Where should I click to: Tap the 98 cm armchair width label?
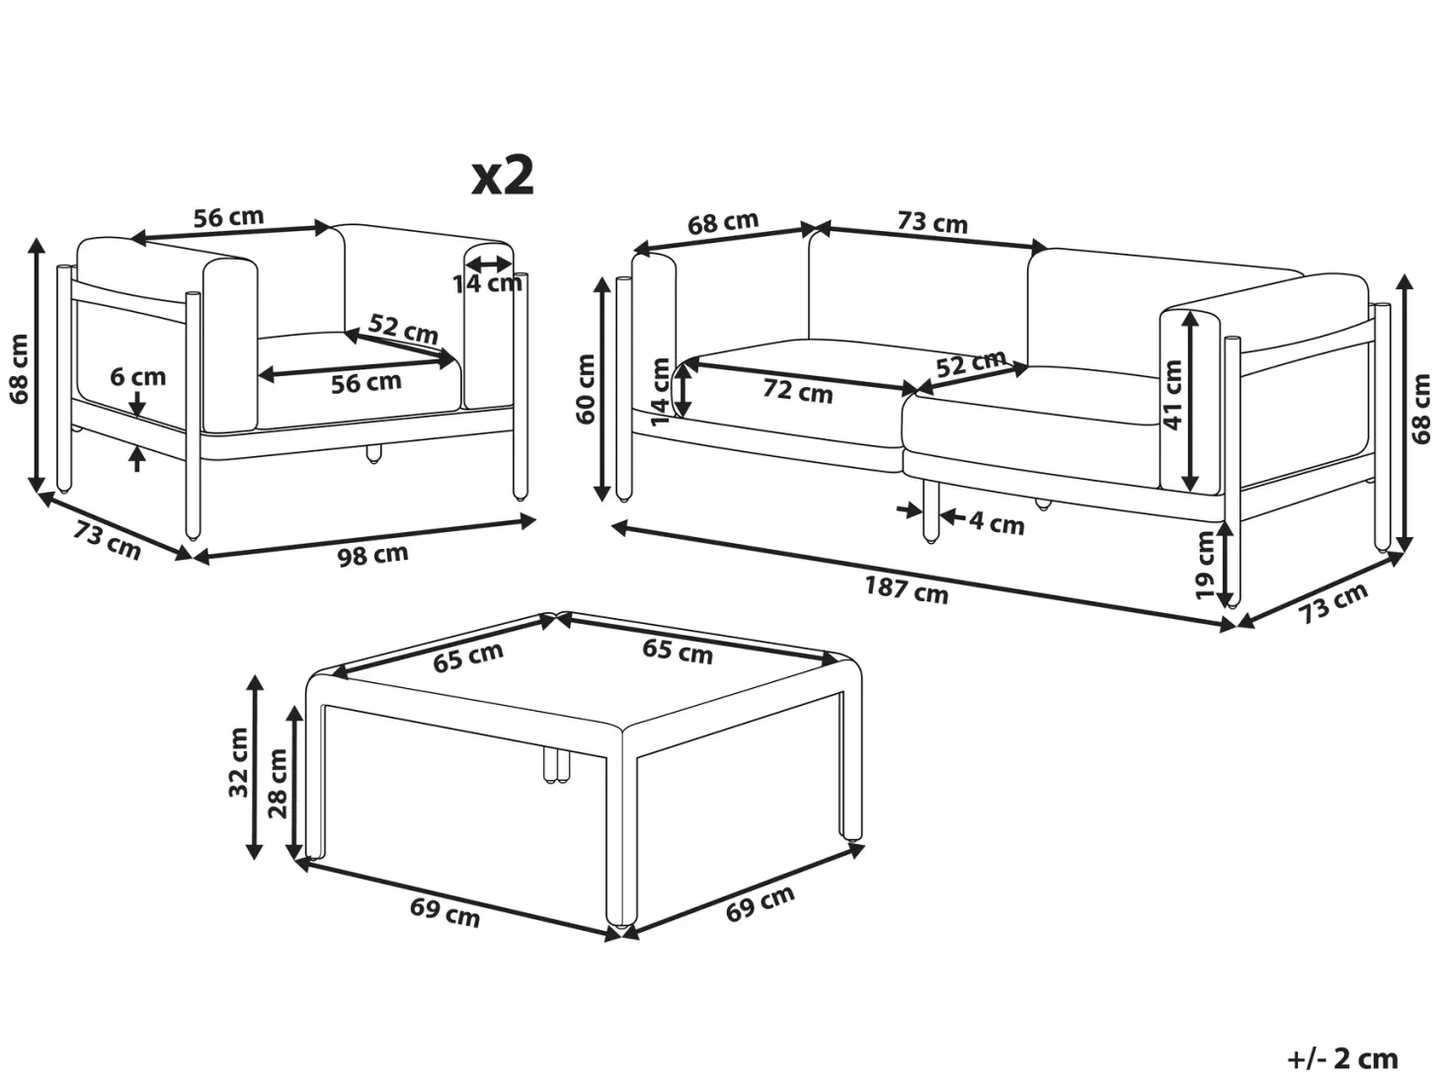[372, 555]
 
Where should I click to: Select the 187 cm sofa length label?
[906, 588]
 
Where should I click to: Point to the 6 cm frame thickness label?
[138, 377]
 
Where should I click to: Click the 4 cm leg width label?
[997, 523]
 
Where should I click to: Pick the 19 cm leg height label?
[1204, 565]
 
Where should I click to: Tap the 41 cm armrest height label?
[1171, 395]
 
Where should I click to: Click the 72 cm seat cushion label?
[797, 391]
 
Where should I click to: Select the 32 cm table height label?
[238, 763]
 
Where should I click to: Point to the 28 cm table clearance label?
[278, 783]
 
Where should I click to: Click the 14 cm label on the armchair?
[488, 283]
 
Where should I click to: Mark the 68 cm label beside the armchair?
[19, 369]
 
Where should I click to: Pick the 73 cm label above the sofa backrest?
[932, 223]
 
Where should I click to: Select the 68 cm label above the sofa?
[723, 222]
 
